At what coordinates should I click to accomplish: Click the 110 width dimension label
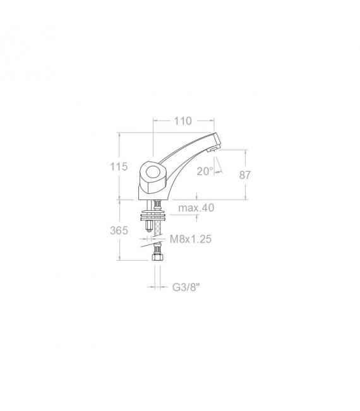click(183, 121)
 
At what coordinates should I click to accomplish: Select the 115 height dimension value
click(119, 167)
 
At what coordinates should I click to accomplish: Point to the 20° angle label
click(204, 171)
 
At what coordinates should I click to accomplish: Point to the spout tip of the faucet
click(217, 140)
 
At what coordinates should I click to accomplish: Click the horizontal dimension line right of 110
click(205, 121)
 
